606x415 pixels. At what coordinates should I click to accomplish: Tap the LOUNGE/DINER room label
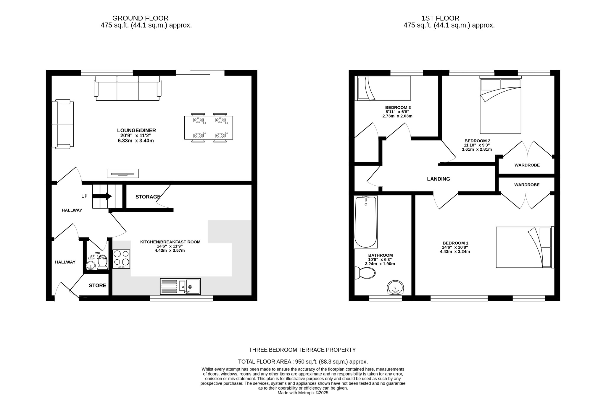(x=136, y=131)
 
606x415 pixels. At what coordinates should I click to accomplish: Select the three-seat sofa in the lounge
(x=128, y=88)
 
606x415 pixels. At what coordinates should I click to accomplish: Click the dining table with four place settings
(x=208, y=128)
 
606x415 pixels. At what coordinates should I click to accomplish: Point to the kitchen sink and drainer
(x=180, y=286)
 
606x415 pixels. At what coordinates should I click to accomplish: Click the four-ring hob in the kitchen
(x=121, y=259)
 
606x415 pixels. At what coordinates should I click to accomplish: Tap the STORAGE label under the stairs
(x=148, y=197)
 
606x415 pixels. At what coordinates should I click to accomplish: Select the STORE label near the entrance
(x=98, y=285)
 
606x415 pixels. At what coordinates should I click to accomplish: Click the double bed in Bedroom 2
(x=500, y=106)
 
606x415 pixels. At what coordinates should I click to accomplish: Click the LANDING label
(x=438, y=179)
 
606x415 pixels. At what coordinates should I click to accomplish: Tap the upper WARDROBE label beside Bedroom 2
(x=527, y=165)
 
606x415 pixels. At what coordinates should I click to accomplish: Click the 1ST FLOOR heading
(x=440, y=18)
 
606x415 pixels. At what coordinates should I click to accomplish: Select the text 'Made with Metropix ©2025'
(x=303, y=393)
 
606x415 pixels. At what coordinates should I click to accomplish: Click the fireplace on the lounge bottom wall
(x=123, y=173)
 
